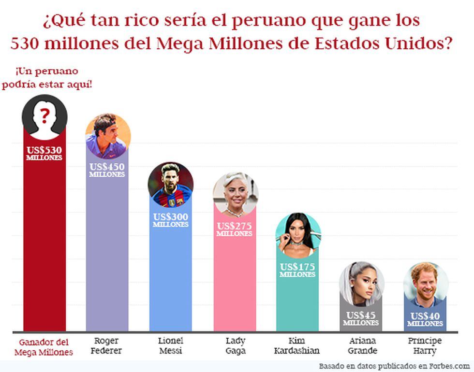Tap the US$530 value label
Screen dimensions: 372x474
click(x=44, y=153)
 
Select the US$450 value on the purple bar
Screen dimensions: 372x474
click(x=107, y=170)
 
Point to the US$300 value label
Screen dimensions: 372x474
click(x=170, y=220)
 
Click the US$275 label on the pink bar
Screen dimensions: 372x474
click(x=234, y=229)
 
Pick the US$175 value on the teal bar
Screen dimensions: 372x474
click(x=297, y=269)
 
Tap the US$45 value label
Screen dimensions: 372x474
click(x=361, y=318)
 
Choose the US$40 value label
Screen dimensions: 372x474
click(x=425, y=319)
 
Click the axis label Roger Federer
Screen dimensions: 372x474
click(x=106, y=345)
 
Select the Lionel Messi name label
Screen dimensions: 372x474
click(x=170, y=345)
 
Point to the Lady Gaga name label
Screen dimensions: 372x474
click(x=235, y=345)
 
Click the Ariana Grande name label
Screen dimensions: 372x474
click(x=361, y=345)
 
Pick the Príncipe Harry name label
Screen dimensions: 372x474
click(x=425, y=345)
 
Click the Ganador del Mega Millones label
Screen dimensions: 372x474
click(x=44, y=347)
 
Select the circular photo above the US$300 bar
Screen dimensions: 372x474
click(x=170, y=185)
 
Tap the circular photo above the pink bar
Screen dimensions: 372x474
click(x=235, y=194)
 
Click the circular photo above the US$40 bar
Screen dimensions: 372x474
click(x=426, y=285)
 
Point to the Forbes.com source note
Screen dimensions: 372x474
click(x=394, y=365)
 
